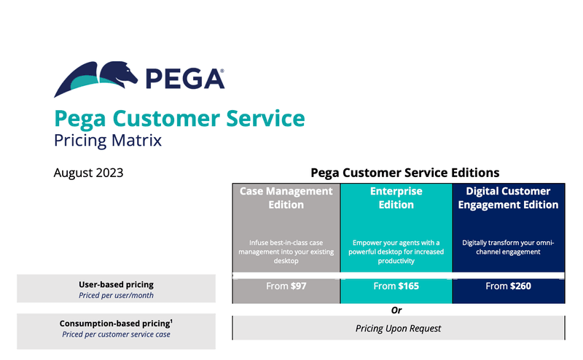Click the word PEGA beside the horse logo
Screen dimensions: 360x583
coord(182,77)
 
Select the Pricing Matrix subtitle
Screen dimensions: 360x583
coord(108,139)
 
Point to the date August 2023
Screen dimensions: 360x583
coord(88,173)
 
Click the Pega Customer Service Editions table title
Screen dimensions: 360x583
coord(404,173)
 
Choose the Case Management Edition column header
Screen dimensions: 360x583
coord(286,197)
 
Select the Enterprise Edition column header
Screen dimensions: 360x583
coord(396,197)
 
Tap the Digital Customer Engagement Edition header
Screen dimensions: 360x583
coord(508,197)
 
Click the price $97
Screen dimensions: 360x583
coord(298,286)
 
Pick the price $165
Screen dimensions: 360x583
coord(407,286)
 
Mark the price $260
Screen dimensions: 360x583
coord(517,286)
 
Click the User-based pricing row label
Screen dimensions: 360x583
coord(117,284)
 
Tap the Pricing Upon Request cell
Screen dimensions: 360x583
coord(398,329)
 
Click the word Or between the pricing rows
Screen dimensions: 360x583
coord(396,310)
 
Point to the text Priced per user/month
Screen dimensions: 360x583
coord(117,295)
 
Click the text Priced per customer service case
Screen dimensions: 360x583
coord(117,334)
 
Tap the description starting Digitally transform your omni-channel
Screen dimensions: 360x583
coord(508,247)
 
